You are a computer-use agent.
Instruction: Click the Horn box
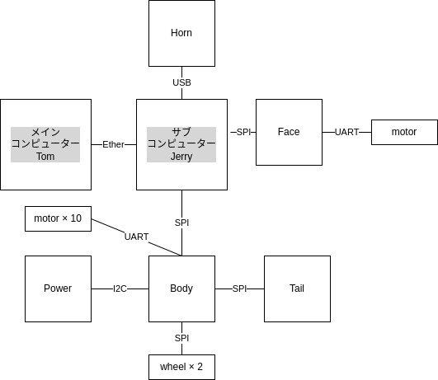click(181, 33)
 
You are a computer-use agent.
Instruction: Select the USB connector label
click(181, 82)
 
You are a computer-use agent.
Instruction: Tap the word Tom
click(45, 157)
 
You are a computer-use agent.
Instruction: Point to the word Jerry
click(181, 157)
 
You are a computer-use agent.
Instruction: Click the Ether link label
click(113, 144)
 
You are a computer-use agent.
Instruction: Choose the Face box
click(290, 132)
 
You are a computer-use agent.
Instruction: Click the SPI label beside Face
click(243, 132)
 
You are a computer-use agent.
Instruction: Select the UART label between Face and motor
click(346, 132)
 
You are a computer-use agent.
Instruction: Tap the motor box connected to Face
click(404, 132)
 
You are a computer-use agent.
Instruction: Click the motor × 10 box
click(58, 218)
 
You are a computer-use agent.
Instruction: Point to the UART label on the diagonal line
click(136, 237)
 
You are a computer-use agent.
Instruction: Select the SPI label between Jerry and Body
click(181, 223)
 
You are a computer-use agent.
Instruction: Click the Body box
click(181, 289)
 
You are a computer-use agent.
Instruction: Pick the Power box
click(58, 289)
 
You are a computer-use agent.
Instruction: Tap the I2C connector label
click(120, 289)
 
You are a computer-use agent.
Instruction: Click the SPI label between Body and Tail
click(239, 289)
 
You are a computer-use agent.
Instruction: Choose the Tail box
click(297, 289)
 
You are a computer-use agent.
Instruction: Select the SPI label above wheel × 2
click(181, 338)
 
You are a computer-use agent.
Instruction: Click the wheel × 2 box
click(181, 367)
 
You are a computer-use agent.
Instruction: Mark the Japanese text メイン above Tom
click(45, 132)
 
